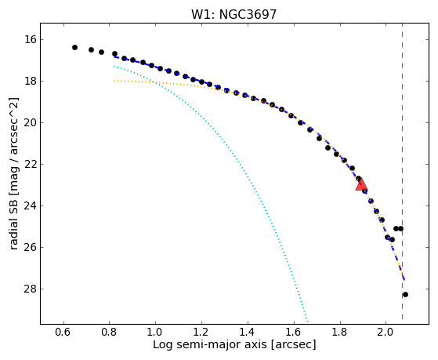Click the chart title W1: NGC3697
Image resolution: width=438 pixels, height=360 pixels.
pos(233,15)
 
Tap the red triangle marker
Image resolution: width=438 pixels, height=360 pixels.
pos(361,184)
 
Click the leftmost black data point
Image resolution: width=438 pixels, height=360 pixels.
pos(74,47)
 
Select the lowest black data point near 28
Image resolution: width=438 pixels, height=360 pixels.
pos(405,294)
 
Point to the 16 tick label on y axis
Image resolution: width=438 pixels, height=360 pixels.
pos(31,39)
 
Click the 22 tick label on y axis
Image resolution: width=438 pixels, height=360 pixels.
pos(31,164)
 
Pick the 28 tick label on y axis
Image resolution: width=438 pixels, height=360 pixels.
pos(31,289)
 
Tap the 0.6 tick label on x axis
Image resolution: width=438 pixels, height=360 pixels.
pos(63,332)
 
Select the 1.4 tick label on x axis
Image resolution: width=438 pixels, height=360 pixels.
pos(248,332)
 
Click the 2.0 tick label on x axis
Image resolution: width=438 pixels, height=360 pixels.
pos(386,332)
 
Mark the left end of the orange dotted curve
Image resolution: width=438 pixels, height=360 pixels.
pos(114,81)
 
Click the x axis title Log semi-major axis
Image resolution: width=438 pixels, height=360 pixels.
pos(234,344)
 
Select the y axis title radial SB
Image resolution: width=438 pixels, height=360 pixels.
pos(14,173)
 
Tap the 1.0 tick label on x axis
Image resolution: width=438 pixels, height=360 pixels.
pos(155,332)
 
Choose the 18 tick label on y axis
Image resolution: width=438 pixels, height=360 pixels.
pos(31,81)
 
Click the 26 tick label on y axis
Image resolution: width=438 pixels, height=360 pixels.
pos(31,248)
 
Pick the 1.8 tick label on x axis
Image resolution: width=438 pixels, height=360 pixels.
pos(340,332)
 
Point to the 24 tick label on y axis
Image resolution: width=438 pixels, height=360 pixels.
pos(31,205)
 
